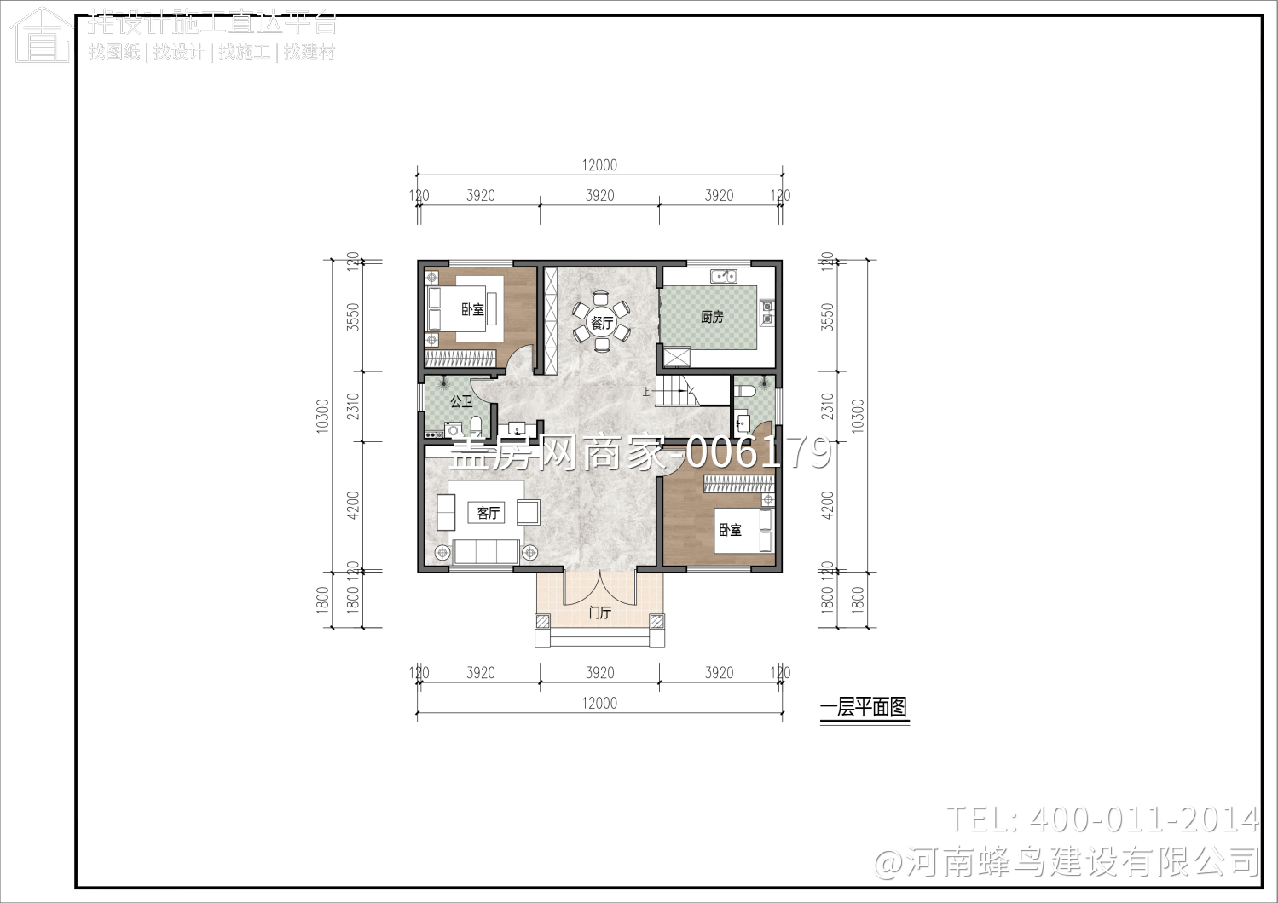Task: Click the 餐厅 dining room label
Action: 602,323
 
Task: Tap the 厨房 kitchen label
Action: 712,317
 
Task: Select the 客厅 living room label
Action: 488,513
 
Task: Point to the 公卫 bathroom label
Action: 461,401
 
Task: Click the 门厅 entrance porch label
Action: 600,613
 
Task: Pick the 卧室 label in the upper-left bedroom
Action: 473,309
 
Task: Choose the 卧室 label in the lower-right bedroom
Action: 731,530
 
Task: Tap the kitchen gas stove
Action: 766,313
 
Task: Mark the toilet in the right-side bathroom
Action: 744,392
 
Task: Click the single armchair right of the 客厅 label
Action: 528,512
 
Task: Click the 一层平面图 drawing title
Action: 864,708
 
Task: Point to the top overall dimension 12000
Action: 599,165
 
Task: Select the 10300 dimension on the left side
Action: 322,416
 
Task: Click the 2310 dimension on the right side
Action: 827,405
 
